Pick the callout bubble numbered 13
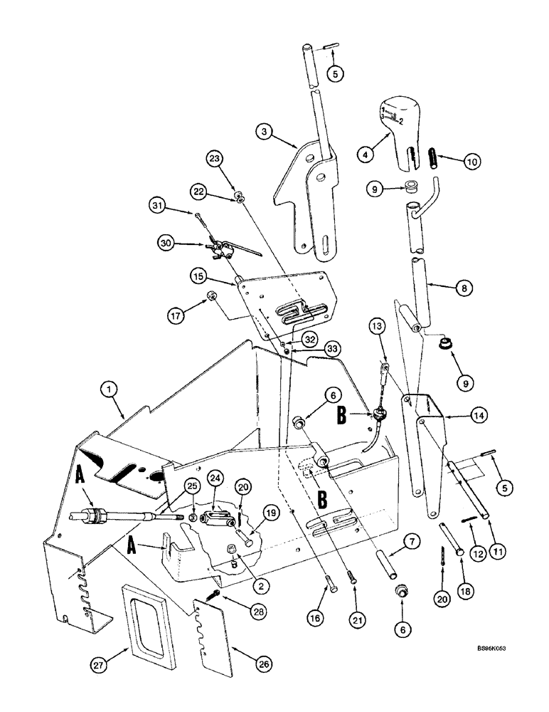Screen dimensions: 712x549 [x=378, y=327]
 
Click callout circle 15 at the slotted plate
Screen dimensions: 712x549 [x=198, y=274]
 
